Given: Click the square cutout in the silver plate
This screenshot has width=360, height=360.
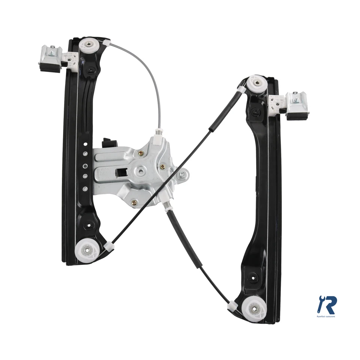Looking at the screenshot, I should point(122,172).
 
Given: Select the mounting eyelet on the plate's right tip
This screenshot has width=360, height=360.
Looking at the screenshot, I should point(182,174).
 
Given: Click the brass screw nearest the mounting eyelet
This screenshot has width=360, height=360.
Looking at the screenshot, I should point(162,167).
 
